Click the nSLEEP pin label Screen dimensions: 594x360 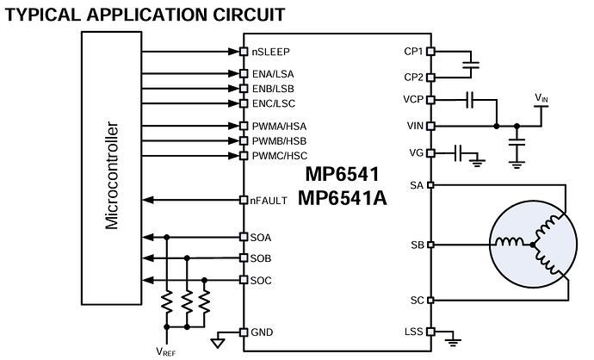click(270, 52)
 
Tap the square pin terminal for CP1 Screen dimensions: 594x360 click(430, 51)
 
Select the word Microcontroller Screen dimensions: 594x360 click(112, 175)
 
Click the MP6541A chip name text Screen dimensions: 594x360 click(342, 197)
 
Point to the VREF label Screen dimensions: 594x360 click(166, 351)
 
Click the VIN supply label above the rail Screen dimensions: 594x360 click(541, 98)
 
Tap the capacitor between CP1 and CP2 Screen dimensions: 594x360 click(471, 65)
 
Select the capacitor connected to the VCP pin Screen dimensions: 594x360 click(470, 100)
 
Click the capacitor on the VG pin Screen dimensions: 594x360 click(458, 153)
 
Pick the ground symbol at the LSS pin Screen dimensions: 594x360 click(453, 342)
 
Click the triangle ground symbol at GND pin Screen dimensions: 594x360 click(218, 344)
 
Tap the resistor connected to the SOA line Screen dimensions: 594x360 click(167, 301)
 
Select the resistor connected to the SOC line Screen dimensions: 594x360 click(204, 301)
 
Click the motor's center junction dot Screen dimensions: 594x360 click(533, 245)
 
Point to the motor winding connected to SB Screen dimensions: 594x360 click(510, 242)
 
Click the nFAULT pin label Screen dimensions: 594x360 click(269, 201)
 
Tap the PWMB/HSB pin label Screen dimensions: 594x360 click(279, 141)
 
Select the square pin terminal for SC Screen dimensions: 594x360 click(430, 300)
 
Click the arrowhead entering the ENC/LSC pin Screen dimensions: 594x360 click(234, 103)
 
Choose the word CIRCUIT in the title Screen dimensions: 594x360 click(249, 15)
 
